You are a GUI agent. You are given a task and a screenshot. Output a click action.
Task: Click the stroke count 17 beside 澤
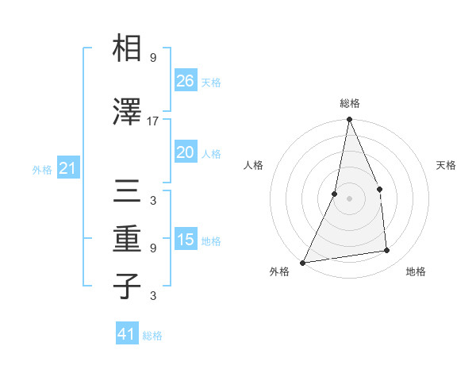click(153, 121)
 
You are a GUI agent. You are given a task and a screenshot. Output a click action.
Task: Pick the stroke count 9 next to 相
click(152, 58)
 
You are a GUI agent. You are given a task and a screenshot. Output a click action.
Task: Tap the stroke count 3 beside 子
click(152, 297)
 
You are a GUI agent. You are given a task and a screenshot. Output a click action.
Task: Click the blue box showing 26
click(185, 80)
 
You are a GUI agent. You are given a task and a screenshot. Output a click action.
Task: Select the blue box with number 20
click(185, 152)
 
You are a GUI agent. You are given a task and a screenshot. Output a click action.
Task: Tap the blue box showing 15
click(185, 240)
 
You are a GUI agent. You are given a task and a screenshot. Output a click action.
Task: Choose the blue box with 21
click(67, 168)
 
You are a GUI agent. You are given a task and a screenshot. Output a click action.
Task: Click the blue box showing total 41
click(127, 334)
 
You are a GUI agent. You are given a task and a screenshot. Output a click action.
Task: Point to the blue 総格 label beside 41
click(152, 336)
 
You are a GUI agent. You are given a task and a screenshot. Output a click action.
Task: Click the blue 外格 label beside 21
click(42, 170)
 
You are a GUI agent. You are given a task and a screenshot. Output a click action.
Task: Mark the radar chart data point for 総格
click(349, 120)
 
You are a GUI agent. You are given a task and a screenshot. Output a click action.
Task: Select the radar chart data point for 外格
click(302, 262)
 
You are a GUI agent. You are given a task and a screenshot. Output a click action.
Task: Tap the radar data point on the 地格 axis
click(387, 251)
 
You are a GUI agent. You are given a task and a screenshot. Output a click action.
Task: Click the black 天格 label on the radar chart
click(446, 165)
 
